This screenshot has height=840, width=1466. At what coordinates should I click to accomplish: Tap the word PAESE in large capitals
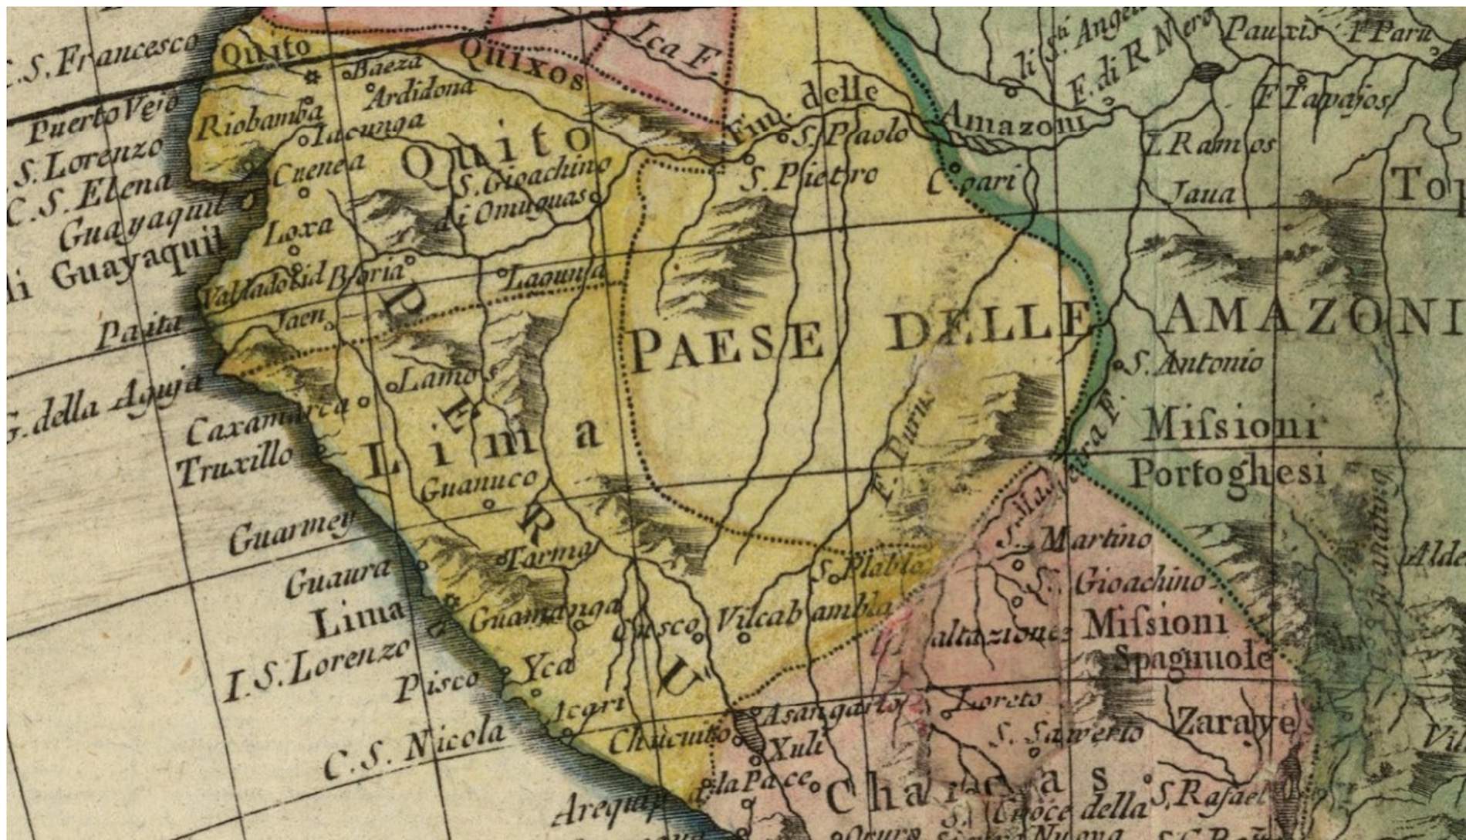[x=728, y=346]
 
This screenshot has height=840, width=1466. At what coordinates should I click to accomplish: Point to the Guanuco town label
[x=478, y=484]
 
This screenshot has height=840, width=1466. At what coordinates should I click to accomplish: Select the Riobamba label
[x=258, y=120]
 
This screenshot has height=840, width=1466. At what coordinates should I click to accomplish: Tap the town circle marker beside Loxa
[x=294, y=249]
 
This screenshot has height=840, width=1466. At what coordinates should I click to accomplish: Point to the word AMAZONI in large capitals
[x=1312, y=317]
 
